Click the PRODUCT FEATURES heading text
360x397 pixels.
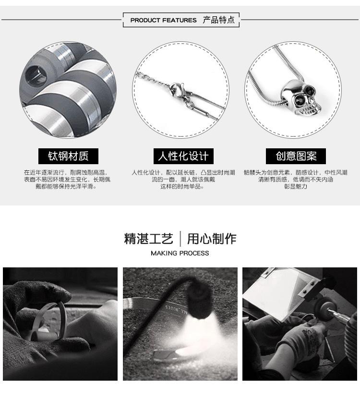[x=163, y=20]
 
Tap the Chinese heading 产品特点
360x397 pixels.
[x=219, y=20]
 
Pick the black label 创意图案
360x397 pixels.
[x=296, y=156]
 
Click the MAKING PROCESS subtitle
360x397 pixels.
[x=180, y=253]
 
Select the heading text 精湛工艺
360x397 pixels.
[x=148, y=239]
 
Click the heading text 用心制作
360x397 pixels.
[x=212, y=239]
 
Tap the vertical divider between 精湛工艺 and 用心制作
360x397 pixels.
[x=180, y=239]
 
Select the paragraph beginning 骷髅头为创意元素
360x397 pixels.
[x=295, y=179]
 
